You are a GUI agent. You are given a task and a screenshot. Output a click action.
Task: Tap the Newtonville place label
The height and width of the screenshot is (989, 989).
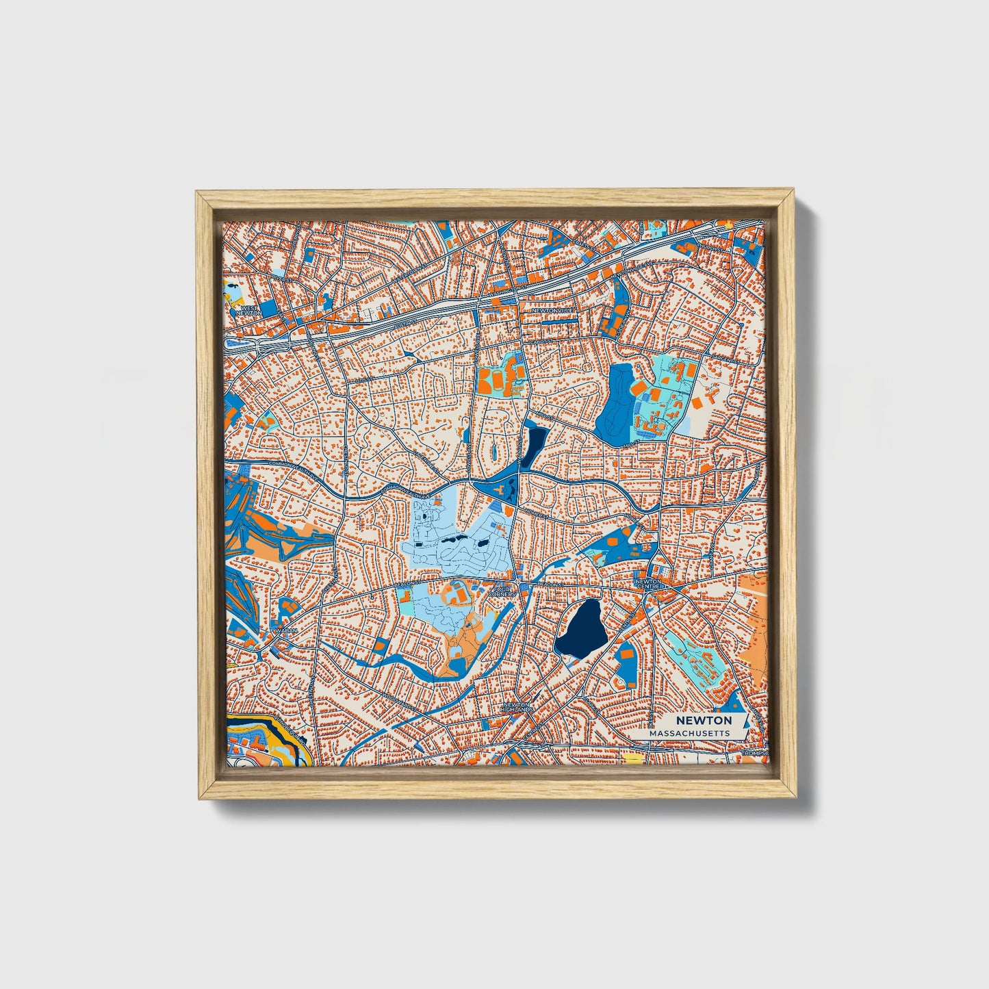pyautogui.click(x=551, y=310)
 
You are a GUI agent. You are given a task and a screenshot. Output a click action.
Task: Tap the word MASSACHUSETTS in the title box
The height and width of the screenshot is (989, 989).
pyautogui.click(x=689, y=733)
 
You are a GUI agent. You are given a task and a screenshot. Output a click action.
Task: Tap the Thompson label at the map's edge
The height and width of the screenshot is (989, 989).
pyautogui.click(x=755, y=754)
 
